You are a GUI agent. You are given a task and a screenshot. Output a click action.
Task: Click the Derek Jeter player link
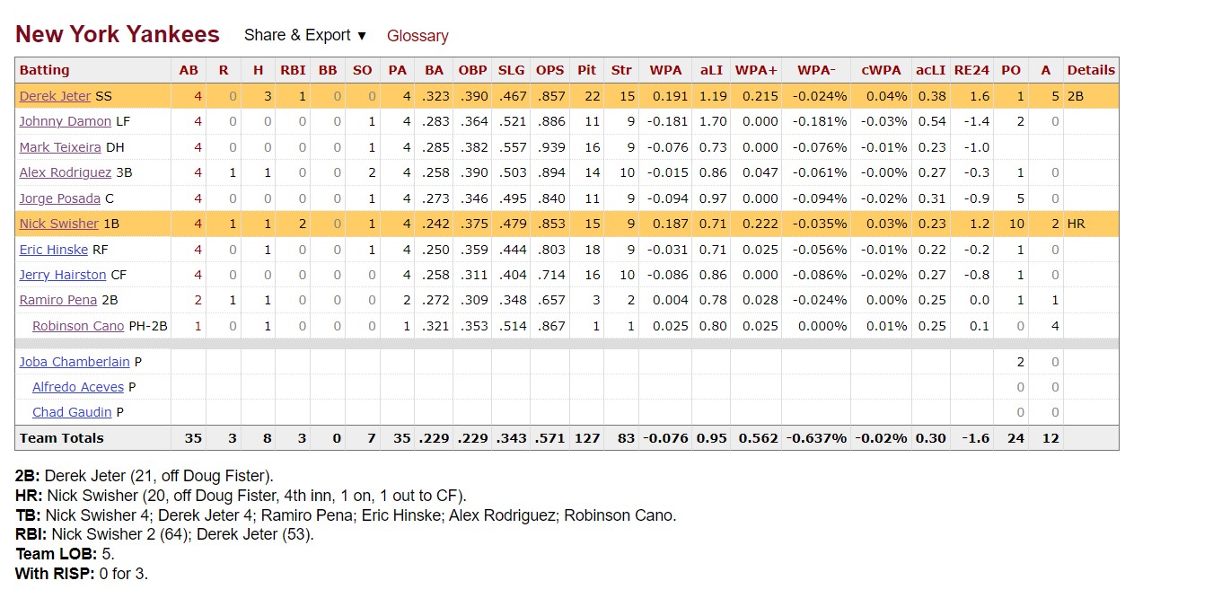coord(55,96)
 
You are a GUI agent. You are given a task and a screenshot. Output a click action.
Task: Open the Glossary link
coord(418,36)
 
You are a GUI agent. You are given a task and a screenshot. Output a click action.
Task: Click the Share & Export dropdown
coord(305,36)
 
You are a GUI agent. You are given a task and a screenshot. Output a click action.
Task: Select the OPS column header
coord(549,70)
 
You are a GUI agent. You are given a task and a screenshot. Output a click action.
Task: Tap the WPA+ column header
coord(756,70)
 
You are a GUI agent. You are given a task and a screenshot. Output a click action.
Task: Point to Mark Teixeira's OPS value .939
coord(549,147)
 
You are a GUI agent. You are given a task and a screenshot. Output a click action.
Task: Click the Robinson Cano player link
coord(78,326)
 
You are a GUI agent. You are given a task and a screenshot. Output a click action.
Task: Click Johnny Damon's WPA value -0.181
coord(669,121)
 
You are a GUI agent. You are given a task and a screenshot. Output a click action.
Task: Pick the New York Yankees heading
coord(118,35)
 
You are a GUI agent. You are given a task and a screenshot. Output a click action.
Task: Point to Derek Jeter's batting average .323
coord(434,96)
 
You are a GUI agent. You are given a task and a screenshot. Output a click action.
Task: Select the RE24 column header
coord(971,70)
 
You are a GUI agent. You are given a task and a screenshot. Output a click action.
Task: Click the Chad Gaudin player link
coord(72,412)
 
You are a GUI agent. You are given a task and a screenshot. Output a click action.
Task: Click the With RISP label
coord(55,573)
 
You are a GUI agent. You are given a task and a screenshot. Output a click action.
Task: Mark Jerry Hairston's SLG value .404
coord(511,275)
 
